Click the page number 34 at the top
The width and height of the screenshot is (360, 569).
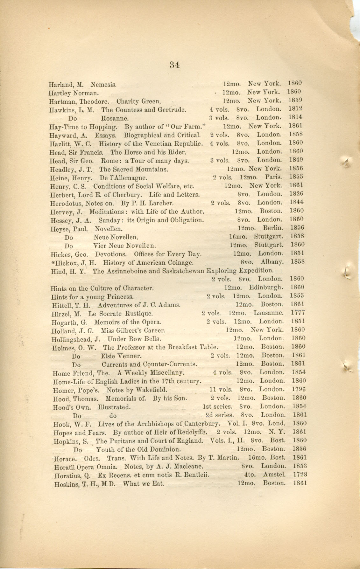point(175,65)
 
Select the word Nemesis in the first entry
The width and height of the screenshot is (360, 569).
point(103,85)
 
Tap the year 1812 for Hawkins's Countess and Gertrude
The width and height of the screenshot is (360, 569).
point(295,109)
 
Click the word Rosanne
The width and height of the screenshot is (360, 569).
point(115,118)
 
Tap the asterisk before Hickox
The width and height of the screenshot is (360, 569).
point(53,262)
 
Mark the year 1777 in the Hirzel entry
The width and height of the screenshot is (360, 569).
point(298,313)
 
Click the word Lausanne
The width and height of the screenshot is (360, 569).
point(268,313)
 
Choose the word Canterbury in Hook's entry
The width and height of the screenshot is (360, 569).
point(202,424)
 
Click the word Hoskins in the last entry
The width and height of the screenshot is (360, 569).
point(65,484)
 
